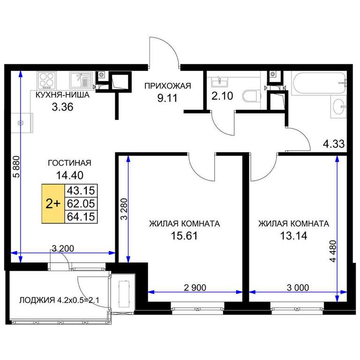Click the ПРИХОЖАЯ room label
pyautogui.click(x=168, y=86)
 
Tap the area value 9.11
pyautogui.click(x=167, y=98)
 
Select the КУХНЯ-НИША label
pyautogui.click(x=62, y=95)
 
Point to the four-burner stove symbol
pyautogui.click(x=46, y=80)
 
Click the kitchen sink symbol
pyautogui.click(x=81, y=80)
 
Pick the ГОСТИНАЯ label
pyautogui.click(x=69, y=163)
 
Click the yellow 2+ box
pyautogui.click(x=53, y=203)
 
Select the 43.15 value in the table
pyautogui.click(x=81, y=191)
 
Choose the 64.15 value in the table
pyautogui.click(x=81, y=217)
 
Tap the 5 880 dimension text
pyautogui.click(x=16, y=167)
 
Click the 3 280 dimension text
pyautogui.click(x=124, y=209)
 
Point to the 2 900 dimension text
pyautogui.click(x=195, y=288)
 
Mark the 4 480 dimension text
pyautogui.click(x=333, y=251)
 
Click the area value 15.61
pyautogui.click(x=184, y=236)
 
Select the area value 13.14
pyautogui.click(x=293, y=236)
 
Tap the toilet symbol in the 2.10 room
pyautogui.click(x=250, y=96)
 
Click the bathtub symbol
pyautogui.click(x=319, y=83)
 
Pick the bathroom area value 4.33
pyautogui.click(x=334, y=144)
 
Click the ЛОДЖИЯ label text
pyautogui.click(x=37, y=300)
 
